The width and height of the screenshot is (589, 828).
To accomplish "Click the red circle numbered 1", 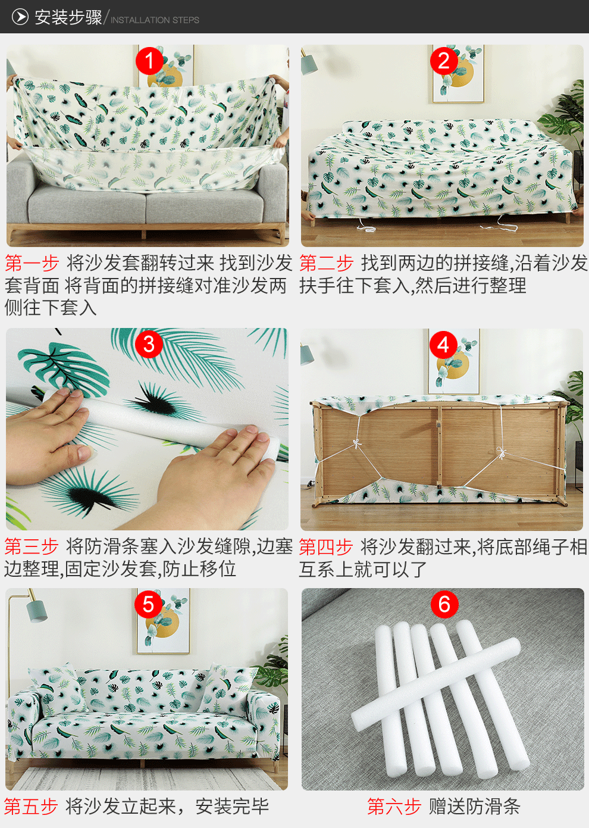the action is [149, 61].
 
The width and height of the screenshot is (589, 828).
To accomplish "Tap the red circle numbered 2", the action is [444, 61].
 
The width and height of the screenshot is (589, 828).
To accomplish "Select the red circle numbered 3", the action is [149, 344].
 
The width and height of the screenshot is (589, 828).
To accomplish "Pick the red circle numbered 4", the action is [443, 345].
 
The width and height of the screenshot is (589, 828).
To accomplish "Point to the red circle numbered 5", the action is [148, 604].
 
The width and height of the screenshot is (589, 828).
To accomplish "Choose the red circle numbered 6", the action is [444, 604].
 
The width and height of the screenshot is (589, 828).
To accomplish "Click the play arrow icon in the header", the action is [20, 17].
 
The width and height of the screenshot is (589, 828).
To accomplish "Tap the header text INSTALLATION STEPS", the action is [155, 20].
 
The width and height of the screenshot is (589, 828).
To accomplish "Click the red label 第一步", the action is [32, 263].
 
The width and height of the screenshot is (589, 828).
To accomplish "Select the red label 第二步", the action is [326, 263].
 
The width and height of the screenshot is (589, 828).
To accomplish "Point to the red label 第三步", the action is [32, 546].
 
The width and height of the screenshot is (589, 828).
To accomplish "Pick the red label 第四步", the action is [326, 546].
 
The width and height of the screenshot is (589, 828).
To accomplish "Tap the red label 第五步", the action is [31, 806].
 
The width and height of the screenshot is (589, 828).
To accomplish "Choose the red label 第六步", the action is [394, 806].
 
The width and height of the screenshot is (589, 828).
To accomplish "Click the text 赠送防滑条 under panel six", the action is [474, 806].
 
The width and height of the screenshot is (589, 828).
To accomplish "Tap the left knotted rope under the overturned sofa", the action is [356, 443].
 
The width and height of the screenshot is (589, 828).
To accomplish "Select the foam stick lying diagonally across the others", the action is [436, 683].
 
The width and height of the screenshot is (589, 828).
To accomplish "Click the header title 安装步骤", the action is [68, 17].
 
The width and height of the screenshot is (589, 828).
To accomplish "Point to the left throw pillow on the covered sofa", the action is [57, 690].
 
